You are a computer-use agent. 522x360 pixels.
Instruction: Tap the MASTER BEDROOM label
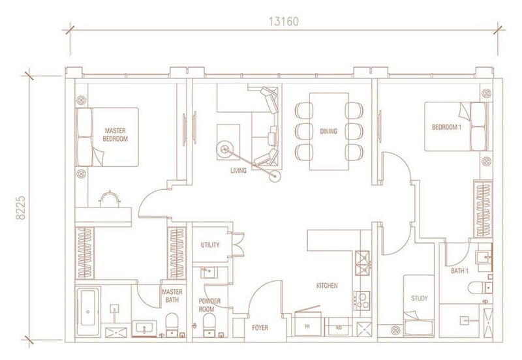[x=115, y=135]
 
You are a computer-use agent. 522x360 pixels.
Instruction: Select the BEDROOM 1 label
[x=446, y=128]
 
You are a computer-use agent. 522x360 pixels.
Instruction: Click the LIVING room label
[x=238, y=170]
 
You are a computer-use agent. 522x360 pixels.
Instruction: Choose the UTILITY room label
[x=210, y=245]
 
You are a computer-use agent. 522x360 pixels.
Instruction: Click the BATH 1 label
[x=460, y=269]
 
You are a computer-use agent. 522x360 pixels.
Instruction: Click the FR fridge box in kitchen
[x=307, y=326]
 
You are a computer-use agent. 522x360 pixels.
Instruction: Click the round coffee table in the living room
[x=226, y=149]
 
